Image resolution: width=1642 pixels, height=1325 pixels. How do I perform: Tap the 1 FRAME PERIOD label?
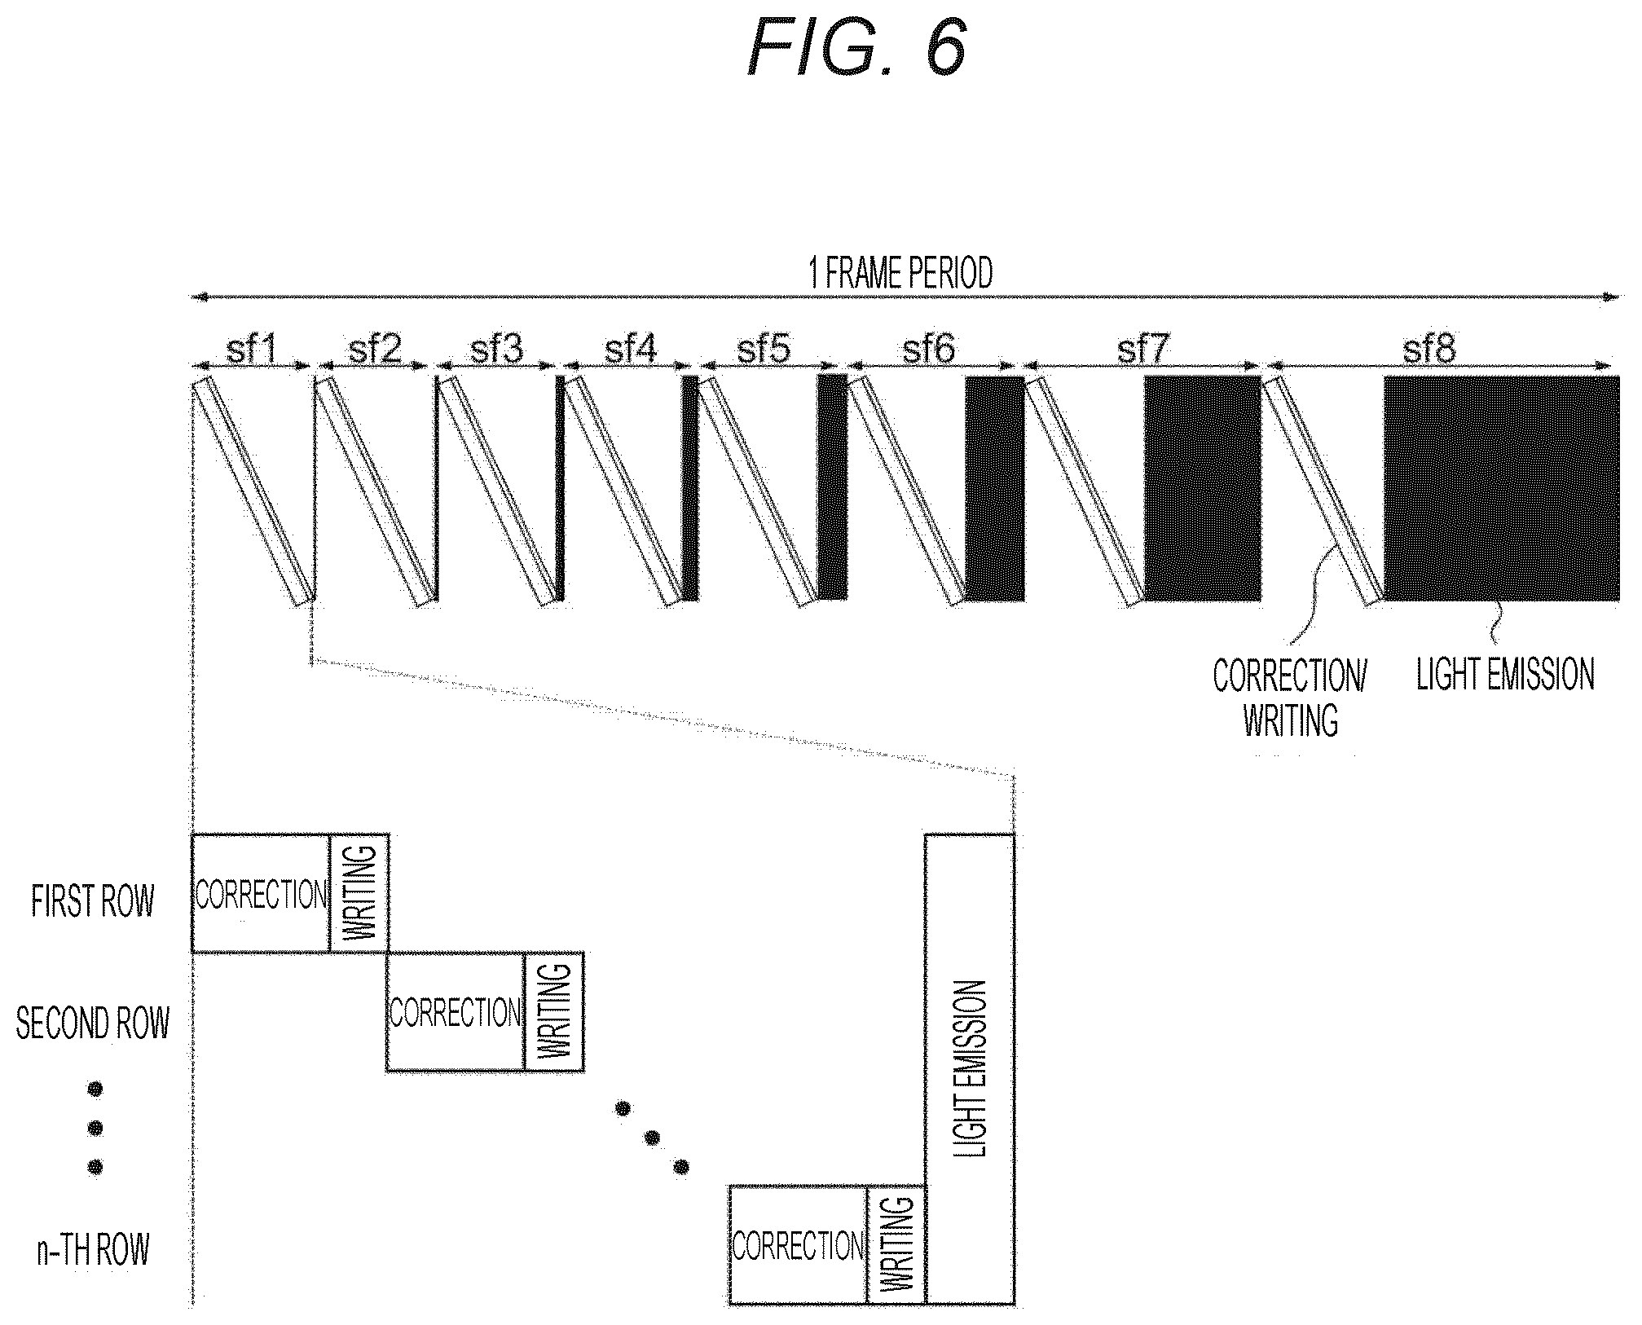point(900,273)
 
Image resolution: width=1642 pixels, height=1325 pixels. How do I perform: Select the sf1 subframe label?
point(252,350)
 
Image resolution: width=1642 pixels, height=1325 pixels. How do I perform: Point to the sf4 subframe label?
point(631,350)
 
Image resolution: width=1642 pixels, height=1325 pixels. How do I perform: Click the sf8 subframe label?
point(1428,350)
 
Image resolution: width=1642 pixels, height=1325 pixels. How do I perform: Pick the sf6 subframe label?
point(929,350)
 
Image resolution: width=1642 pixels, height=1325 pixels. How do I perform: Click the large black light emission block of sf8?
point(1502,488)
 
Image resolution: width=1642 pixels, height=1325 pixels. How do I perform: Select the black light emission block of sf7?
point(1203,488)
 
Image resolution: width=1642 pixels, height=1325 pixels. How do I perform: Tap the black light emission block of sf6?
point(995,488)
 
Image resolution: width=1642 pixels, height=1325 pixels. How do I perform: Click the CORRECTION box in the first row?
point(261,893)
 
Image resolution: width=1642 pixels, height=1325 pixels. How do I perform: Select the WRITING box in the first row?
point(359,893)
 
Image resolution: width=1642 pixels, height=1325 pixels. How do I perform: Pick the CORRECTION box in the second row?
point(456,1011)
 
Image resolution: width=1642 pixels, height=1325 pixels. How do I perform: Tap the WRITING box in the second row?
point(554,1011)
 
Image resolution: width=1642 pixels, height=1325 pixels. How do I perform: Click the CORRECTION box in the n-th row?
point(798,1244)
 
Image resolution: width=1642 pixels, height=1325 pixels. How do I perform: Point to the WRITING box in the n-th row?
point(896,1244)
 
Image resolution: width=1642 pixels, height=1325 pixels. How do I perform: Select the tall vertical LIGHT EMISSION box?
point(970,1069)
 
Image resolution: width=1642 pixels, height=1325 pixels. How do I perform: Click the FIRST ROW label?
point(92,901)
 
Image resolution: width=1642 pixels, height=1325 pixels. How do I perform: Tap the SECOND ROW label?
point(92,1023)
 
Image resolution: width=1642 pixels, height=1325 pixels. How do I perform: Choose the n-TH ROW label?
point(93,1249)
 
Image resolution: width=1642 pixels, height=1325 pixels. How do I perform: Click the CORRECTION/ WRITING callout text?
point(1290,698)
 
